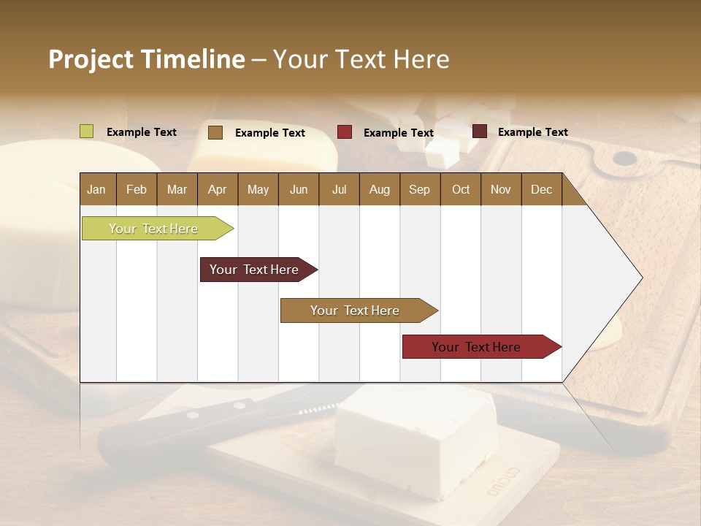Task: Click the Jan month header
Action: (x=96, y=189)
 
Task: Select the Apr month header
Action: (x=217, y=189)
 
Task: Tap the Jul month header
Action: (x=339, y=189)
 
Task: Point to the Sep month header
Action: (x=419, y=189)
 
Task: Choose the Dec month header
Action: (x=541, y=189)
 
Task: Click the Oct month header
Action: (x=461, y=189)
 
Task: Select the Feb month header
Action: (x=137, y=189)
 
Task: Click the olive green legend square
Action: (x=87, y=131)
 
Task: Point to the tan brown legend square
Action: (x=215, y=132)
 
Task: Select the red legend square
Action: (x=345, y=132)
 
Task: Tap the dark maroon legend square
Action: (x=480, y=131)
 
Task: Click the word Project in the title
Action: (x=90, y=59)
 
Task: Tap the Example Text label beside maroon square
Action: (x=532, y=131)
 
